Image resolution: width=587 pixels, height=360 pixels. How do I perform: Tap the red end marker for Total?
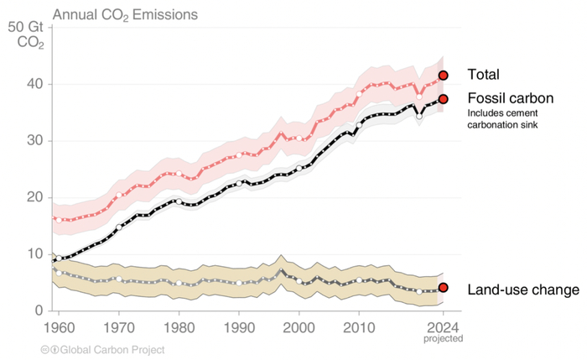pos(444,76)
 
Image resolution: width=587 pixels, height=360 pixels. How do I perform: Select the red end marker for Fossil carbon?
pos(444,99)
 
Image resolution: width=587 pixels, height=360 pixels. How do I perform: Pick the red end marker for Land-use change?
pos(444,288)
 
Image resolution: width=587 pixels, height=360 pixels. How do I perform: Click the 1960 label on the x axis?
pos(58,327)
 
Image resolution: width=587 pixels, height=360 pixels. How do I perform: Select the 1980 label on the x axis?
pos(179,327)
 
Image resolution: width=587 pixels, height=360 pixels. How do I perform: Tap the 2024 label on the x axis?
pos(444,327)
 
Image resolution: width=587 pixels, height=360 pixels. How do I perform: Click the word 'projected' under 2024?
pos(444,338)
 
